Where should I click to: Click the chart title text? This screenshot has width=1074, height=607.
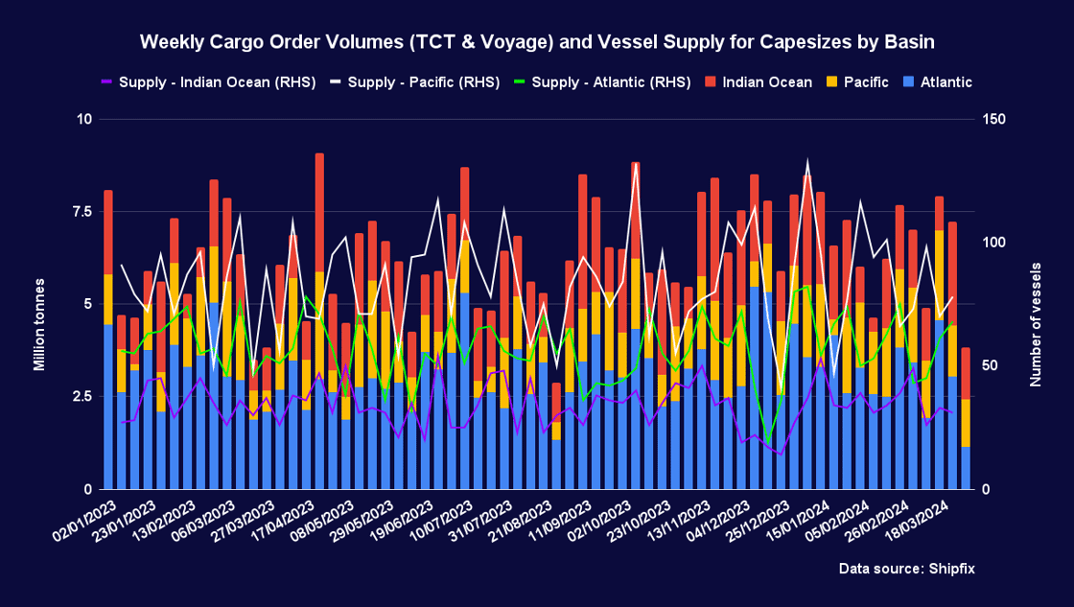[x=537, y=42]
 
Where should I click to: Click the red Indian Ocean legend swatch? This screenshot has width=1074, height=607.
[x=712, y=82]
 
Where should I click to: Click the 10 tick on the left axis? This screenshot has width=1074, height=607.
[x=83, y=120]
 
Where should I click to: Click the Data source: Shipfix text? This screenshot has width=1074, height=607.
[x=906, y=569]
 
